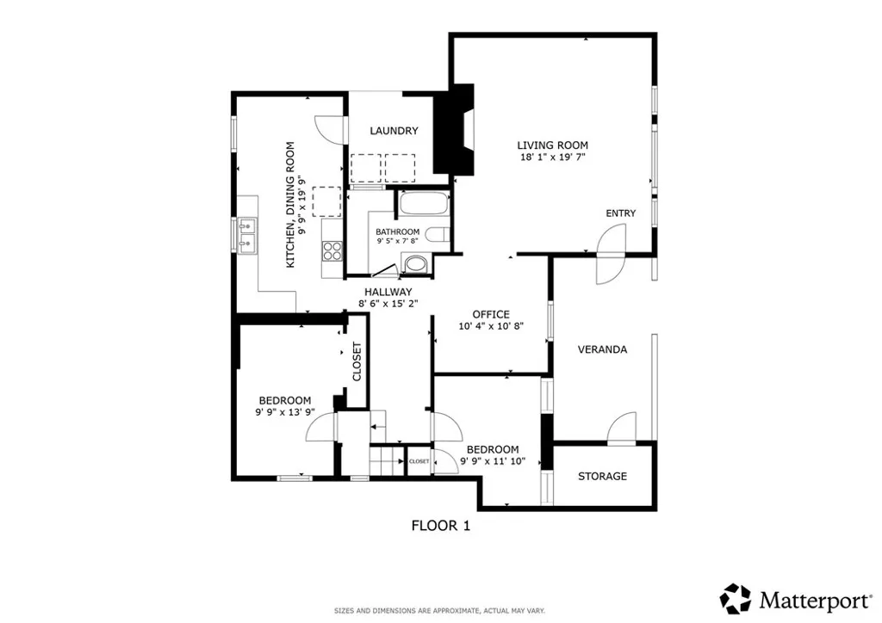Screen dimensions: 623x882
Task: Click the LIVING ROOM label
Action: (552, 145)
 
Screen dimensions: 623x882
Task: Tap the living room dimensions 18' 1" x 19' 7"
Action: (552, 158)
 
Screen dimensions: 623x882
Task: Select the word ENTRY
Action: (620, 213)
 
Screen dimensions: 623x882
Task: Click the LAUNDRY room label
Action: (394, 131)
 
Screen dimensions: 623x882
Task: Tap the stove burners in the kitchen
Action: (332, 251)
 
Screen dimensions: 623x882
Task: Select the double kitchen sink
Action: (248, 234)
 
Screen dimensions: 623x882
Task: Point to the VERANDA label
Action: (602, 349)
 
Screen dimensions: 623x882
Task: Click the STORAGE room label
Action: (602, 476)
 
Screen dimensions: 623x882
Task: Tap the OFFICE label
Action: (491, 314)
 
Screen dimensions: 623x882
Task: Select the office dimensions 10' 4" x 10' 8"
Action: (491, 326)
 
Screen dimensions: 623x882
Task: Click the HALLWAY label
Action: (388, 292)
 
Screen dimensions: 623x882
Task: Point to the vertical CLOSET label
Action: (357, 362)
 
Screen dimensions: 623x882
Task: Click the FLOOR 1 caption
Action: (440, 525)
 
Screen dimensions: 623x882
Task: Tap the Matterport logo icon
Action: (736, 597)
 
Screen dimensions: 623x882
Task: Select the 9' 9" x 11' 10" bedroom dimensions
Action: (493, 461)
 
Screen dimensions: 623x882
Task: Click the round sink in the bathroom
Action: (416, 263)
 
